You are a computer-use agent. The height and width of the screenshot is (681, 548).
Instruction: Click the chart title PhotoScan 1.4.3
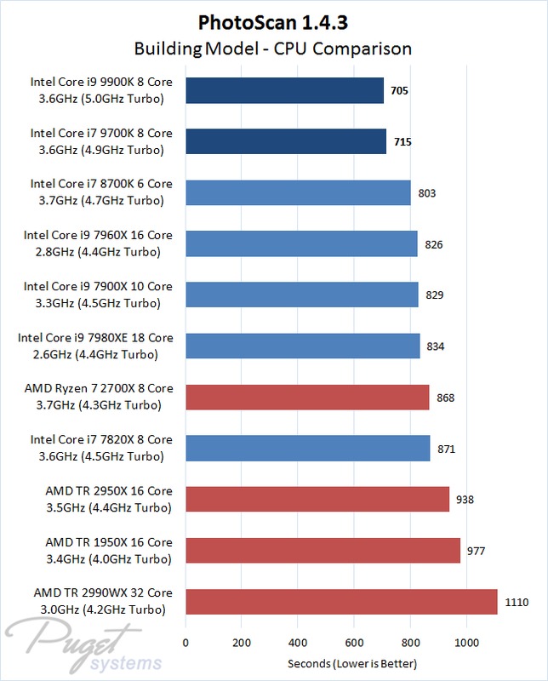point(274,20)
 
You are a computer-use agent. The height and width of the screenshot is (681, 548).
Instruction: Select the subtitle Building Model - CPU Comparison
point(274,48)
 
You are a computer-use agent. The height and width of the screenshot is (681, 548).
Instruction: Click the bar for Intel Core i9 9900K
point(284,90)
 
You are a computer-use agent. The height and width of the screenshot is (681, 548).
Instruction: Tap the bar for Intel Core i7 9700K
point(286,141)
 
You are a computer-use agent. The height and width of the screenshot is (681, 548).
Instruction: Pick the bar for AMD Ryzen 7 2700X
point(307,397)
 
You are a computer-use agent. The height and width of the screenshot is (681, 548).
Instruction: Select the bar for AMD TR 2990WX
point(341,601)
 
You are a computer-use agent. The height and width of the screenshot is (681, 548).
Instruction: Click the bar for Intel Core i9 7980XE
point(302,346)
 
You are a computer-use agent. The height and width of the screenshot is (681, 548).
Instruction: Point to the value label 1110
point(517,602)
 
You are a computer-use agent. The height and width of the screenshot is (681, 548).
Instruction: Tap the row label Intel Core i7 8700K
point(101,192)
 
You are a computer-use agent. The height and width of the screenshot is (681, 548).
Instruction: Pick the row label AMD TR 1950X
point(108,550)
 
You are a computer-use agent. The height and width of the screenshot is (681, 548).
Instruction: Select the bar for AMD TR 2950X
point(317,499)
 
